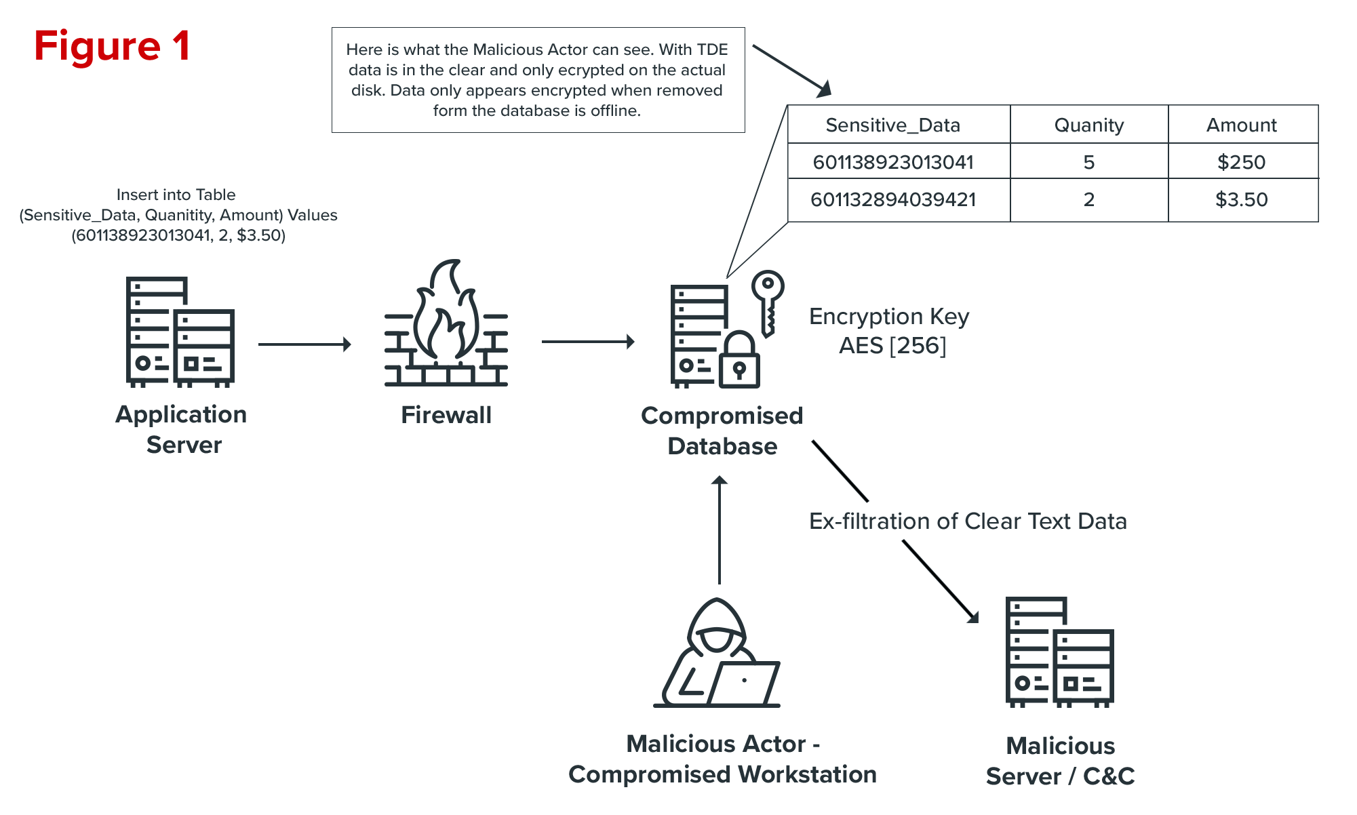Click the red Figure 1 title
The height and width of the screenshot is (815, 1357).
click(112, 46)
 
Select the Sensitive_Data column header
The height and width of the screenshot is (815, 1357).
click(892, 125)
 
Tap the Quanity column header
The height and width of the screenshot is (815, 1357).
click(1088, 125)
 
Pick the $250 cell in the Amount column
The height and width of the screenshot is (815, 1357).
click(1241, 162)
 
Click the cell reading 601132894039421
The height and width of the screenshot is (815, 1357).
click(892, 200)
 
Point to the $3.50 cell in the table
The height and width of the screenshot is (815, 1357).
click(1241, 200)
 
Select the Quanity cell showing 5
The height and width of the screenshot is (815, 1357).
click(1088, 162)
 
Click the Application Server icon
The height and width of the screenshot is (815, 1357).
click(180, 332)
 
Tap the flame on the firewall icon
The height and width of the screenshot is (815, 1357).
click(446, 312)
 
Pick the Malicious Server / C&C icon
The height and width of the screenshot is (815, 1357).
click(1059, 652)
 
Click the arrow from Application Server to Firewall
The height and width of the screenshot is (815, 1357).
click(304, 344)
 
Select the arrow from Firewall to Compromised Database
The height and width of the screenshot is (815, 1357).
click(587, 342)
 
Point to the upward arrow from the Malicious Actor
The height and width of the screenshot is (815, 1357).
click(720, 529)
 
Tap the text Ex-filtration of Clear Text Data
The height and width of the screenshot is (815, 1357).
click(968, 521)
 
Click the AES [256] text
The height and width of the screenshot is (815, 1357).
click(892, 346)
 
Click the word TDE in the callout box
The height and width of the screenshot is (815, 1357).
click(712, 49)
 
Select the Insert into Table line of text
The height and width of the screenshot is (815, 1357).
click(176, 195)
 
